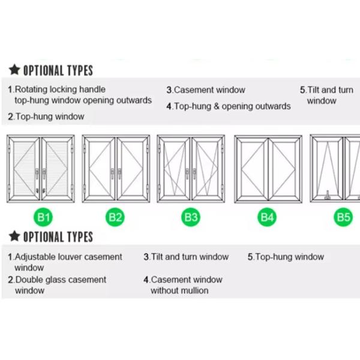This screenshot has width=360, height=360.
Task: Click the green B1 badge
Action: tap(43, 217)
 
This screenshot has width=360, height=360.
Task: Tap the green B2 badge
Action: tap(115, 217)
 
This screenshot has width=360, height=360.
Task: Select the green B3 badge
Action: tap(191, 217)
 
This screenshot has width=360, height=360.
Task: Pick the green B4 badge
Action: tap(267, 217)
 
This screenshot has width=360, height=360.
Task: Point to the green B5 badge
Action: tap(343, 217)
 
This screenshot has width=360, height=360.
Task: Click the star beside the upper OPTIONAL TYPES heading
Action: tap(14, 70)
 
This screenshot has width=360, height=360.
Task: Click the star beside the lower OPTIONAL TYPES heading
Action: tap(14, 236)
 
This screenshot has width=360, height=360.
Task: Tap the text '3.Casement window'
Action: tap(206, 90)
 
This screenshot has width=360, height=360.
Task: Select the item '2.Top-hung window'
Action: tap(46, 116)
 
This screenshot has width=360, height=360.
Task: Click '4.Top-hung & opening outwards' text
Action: tap(229, 106)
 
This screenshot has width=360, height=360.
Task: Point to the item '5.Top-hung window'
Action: tap(286, 257)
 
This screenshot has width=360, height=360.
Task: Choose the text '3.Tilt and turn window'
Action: tap(186, 257)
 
